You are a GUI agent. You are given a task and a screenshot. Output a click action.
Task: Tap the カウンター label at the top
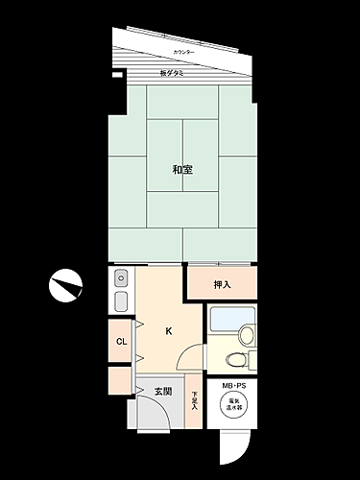click(x=183, y=51)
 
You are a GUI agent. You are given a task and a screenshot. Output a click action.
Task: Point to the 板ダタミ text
click(x=172, y=73)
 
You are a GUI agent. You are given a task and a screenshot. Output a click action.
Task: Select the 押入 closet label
click(x=222, y=284)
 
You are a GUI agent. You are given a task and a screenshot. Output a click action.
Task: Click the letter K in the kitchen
click(x=169, y=332)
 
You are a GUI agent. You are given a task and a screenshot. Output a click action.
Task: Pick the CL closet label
click(x=122, y=341)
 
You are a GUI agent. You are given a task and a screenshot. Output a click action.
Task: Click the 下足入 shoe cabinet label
click(x=194, y=399)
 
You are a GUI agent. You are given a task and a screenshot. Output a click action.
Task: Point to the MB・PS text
click(x=234, y=386)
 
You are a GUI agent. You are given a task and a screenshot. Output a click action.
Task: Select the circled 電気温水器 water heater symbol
click(x=234, y=407)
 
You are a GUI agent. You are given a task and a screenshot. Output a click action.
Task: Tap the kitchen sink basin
click(x=120, y=278)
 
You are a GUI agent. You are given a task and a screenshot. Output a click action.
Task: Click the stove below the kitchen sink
click(x=120, y=301)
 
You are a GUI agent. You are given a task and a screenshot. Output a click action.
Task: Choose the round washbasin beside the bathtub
click(x=249, y=335)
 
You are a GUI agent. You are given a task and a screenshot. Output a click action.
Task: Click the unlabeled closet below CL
click(x=120, y=380)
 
